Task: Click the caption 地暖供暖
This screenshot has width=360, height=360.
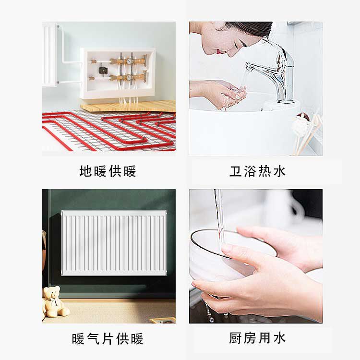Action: click(108, 171)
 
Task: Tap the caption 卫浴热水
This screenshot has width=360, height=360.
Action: click(257, 171)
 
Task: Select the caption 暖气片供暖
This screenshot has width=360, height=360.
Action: click(108, 339)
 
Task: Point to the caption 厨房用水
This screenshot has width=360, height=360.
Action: click(257, 338)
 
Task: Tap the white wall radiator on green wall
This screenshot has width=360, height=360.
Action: click(114, 243)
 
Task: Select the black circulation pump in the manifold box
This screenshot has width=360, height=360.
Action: click(102, 70)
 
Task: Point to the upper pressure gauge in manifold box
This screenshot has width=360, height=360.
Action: click(129, 61)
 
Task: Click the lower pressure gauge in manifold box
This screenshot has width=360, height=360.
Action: click(129, 77)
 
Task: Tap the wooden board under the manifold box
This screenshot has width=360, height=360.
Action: click(128, 106)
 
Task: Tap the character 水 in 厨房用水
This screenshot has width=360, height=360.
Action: click(279, 338)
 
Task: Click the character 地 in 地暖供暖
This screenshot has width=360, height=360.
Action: click(86, 171)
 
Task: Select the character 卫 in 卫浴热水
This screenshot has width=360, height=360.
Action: click(236, 171)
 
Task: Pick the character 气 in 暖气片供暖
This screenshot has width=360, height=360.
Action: click(93, 339)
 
